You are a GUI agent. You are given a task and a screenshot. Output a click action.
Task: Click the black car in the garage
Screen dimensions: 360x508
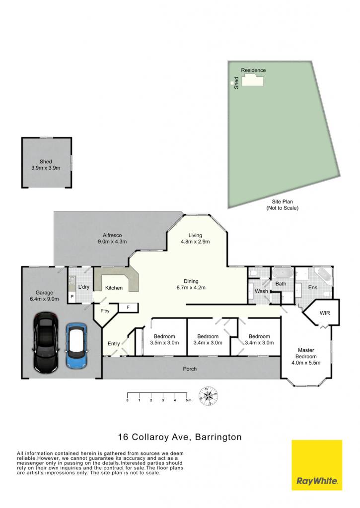click(x=46, y=342)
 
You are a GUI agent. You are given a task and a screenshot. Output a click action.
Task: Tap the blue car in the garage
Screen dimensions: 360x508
click(x=76, y=346)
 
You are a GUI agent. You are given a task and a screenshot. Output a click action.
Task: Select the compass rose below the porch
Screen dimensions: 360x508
click(x=208, y=396)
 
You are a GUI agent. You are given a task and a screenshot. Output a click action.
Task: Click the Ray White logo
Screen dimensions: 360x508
click(x=316, y=465)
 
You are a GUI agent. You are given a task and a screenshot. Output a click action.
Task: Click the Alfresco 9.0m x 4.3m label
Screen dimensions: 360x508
click(x=112, y=239)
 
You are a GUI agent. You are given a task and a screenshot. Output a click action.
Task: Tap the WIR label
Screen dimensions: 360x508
click(x=325, y=313)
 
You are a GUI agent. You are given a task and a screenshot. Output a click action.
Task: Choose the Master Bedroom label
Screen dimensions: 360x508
click(x=306, y=356)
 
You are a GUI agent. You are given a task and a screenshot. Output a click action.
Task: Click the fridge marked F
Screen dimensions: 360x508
click(x=128, y=308)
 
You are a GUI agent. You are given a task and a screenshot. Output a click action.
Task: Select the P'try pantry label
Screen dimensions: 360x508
click(x=105, y=311)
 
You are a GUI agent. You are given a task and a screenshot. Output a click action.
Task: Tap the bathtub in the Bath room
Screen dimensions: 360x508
click(x=283, y=272)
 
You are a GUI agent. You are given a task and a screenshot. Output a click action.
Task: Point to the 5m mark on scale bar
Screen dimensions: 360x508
click(x=188, y=400)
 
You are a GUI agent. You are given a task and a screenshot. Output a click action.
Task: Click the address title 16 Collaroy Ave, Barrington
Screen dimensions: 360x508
click(x=180, y=437)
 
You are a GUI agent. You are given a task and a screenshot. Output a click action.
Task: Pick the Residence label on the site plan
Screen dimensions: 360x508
click(x=253, y=70)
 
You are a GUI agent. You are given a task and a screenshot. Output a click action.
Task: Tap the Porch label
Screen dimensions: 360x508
click(x=190, y=369)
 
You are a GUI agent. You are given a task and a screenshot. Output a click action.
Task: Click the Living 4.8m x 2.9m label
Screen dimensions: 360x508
click(x=195, y=239)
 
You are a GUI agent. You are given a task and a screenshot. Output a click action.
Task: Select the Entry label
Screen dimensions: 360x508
click(x=114, y=344)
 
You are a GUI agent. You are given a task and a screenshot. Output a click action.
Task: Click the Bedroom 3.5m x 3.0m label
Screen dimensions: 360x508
click(x=164, y=339)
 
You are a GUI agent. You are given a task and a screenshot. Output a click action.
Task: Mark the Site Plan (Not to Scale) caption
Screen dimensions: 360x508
click(x=283, y=205)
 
